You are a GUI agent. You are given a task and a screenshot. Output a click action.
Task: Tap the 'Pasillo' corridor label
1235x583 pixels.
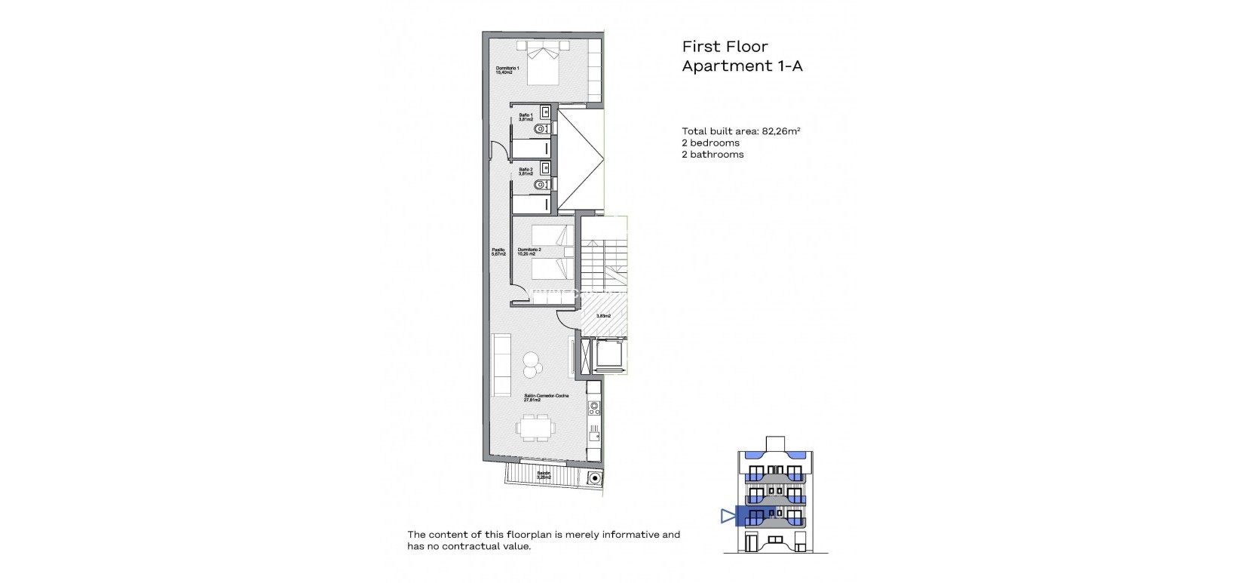[x=498, y=253]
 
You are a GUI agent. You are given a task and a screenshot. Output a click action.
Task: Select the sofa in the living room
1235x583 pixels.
[x=501, y=357]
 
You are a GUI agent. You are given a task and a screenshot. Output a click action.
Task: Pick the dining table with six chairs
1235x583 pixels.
[x=536, y=428]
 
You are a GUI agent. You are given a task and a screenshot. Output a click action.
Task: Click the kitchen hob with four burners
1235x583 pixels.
[x=595, y=408]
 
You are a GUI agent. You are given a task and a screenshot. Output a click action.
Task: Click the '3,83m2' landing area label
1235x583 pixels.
[x=603, y=316]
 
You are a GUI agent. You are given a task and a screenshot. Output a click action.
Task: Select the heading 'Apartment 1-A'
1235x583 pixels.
[x=742, y=66]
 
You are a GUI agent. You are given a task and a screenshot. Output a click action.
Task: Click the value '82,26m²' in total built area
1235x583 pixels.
[x=780, y=130]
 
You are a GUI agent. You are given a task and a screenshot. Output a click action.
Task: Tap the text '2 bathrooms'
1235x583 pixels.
[x=712, y=155]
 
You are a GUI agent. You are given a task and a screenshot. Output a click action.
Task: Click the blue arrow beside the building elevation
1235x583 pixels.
[x=727, y=516]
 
